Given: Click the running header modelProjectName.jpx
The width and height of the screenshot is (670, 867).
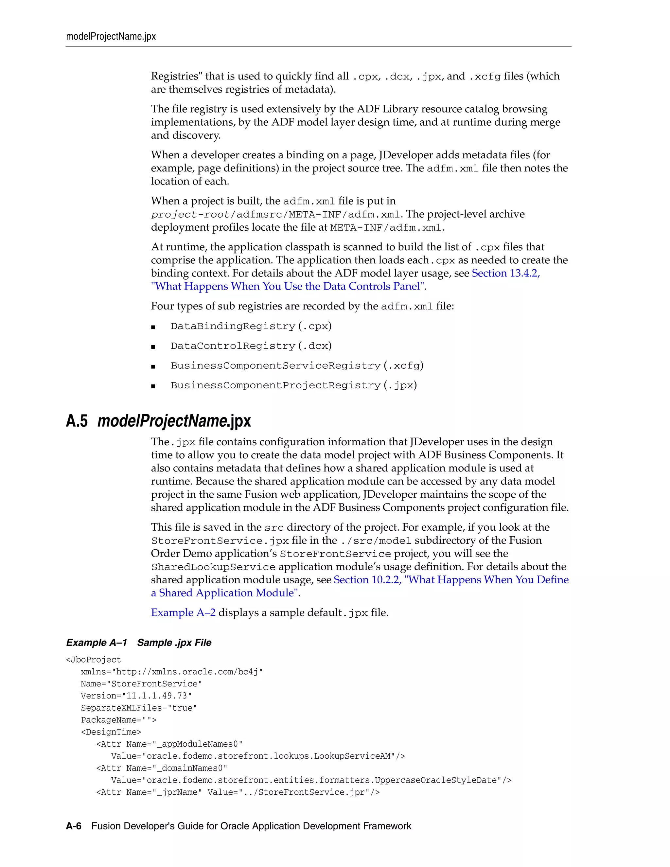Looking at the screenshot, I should pos(111,37).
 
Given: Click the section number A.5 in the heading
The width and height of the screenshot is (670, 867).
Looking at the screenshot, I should pos(77,421).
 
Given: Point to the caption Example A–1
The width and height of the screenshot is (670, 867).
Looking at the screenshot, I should pos(97,643).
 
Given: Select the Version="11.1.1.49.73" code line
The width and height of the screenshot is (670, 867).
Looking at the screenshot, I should pos(136,696).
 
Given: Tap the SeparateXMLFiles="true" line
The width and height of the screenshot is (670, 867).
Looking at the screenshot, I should pos(139,708).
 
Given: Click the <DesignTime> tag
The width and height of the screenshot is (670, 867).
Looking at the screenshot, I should pos(111,732).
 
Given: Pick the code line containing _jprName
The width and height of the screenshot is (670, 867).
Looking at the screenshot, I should pos(238,792).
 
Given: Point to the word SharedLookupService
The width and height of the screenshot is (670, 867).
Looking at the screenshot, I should pos(213,567).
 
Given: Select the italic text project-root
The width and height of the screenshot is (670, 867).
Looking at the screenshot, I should pos(190,215).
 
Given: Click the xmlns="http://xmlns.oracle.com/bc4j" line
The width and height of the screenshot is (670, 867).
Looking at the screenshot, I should pos(172,672).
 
